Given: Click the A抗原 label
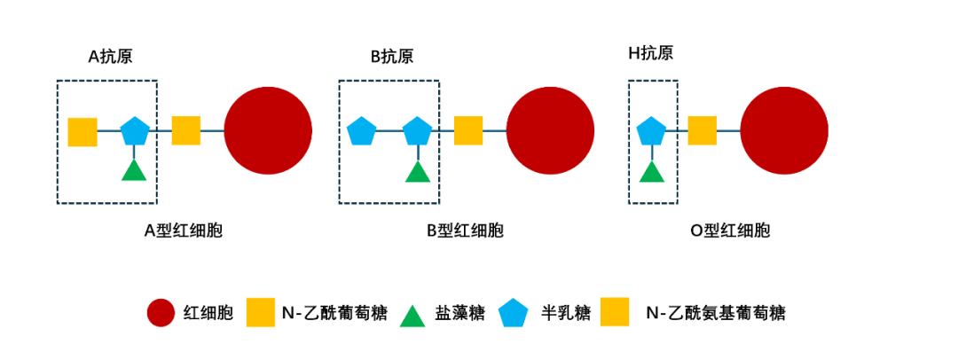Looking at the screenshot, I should tap(110, 56).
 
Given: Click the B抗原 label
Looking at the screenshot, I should tap(391, 56).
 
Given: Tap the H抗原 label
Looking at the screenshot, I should tap(650, 53).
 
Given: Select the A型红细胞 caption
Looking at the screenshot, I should tap(183, 231).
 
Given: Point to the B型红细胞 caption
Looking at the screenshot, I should tap(465, 231).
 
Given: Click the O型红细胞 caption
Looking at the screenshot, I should tap(730, 231).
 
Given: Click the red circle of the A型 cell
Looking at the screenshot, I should tap(268, 131).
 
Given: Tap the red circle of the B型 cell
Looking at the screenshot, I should tap(550, 131).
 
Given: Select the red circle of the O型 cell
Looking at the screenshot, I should tap(784, 131).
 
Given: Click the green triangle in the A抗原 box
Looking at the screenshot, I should tap(133, 169).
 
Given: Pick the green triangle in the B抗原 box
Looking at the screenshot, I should tap(417, 169).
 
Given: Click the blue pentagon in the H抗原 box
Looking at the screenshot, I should tap(652, 131).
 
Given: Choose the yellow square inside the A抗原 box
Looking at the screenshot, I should tap(82, 131).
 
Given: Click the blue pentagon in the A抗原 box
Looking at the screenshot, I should tap(134, 131).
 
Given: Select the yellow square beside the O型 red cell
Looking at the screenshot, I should tap(702, 131).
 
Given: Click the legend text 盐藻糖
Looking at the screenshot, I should tap(459, 313).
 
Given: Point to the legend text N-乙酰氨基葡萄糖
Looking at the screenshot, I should tap(716, 313).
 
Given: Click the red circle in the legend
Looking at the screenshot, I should tap(161, 313).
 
